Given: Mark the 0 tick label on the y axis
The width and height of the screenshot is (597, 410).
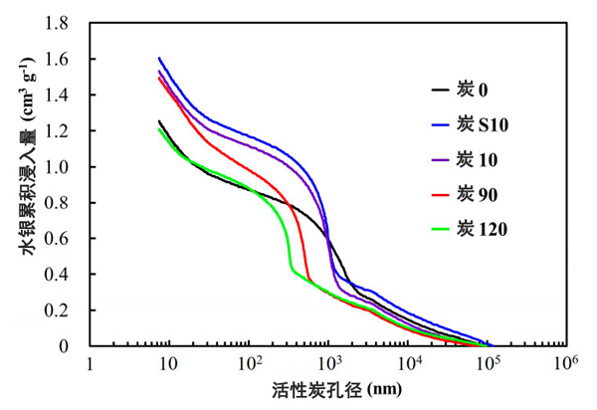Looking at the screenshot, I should pos(76,346).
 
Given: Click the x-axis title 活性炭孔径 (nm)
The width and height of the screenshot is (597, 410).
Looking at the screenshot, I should pos(327,389).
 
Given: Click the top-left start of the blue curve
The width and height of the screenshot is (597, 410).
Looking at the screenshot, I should pos(159,58).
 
